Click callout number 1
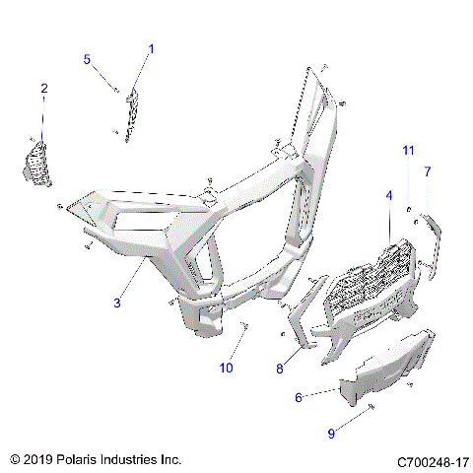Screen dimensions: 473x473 click(151, 48)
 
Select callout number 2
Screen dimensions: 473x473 click(43, 89)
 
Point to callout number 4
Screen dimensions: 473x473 click(389, 196)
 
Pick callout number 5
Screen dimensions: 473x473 click(87, 60)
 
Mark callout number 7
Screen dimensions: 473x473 click(428, 171)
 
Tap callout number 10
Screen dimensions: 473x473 click(226, 368)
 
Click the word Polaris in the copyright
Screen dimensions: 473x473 click(86, 460)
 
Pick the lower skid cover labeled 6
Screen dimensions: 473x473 click(389, 365)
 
